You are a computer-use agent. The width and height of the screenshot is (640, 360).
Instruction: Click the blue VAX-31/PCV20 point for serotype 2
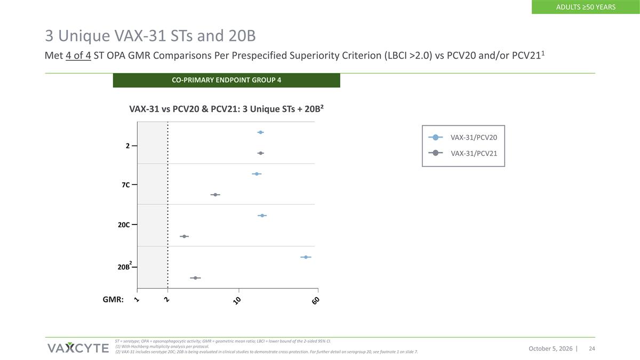[x=260, y=132]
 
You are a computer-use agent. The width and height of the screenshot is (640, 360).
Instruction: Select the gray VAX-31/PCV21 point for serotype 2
[x=260, y=153]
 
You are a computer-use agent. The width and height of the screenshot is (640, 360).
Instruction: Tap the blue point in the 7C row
[x=257, y=174]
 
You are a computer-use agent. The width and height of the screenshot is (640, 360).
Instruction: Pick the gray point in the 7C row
[x=215, y=195]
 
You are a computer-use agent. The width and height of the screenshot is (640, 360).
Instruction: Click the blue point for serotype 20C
[x=262, y=215]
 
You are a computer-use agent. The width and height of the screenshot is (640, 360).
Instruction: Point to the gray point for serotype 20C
[x=185, y=236]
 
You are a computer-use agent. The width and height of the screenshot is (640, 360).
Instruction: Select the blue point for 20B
[x=306, y=257]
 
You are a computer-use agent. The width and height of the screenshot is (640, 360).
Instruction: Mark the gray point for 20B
[x=195, y=278]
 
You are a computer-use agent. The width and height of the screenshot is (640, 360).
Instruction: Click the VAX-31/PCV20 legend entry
[x=463, y=138]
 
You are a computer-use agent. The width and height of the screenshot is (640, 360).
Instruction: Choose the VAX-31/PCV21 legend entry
[x=463, y=153]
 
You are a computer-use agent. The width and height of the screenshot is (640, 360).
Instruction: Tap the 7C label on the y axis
[x=126, y=185]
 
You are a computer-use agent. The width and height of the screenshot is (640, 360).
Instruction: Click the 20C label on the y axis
[x=124, y=225]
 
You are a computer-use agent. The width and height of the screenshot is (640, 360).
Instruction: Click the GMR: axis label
[x=113, y=299]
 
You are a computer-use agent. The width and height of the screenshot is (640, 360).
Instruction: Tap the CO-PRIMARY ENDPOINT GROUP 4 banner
[x=226, y=81]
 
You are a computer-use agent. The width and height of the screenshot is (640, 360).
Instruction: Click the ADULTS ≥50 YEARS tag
[x=586, y=7]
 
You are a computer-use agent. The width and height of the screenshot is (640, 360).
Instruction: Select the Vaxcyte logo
[x=78, y=348]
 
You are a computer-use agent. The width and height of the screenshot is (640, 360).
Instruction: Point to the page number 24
[x=592, y=349]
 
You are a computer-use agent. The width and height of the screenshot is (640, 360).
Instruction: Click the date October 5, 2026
[x=550, y=349]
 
